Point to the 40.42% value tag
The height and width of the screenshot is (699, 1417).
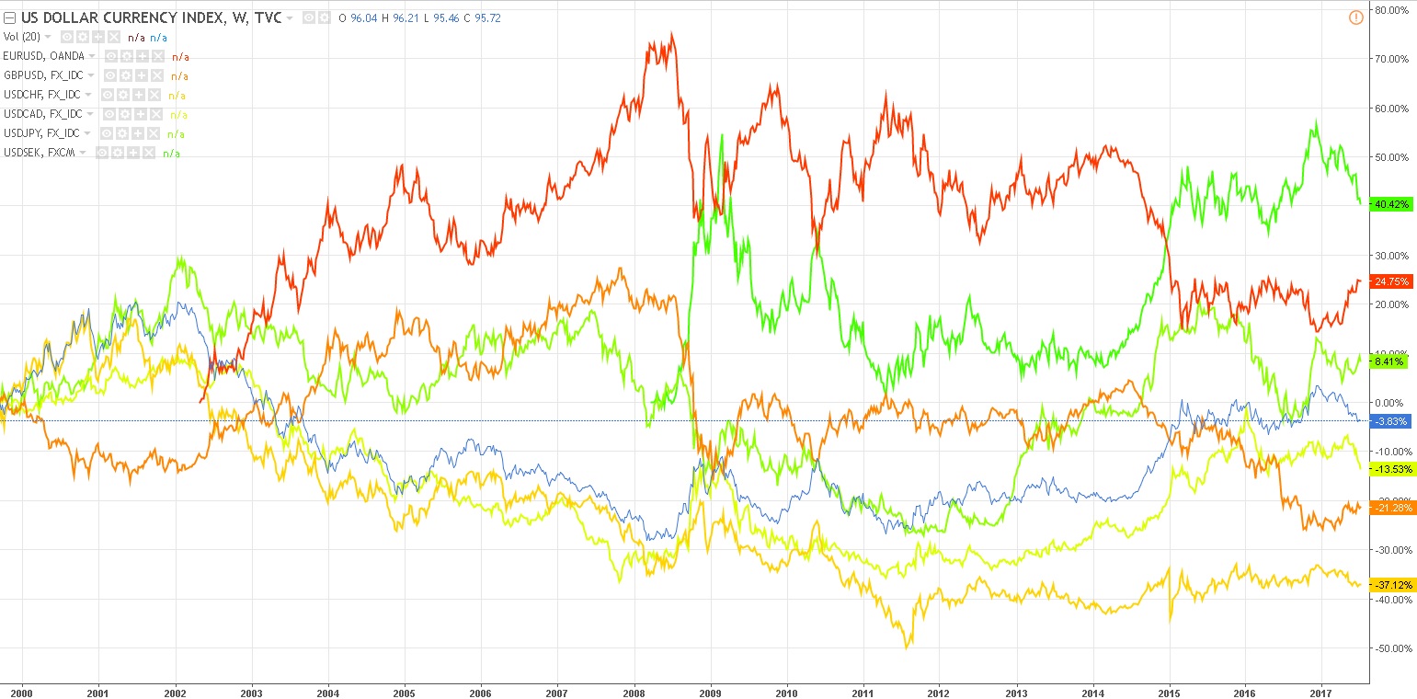[1390, 203]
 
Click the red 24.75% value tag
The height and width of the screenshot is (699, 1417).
[1390, 281]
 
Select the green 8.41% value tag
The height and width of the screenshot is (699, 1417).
[1388, 362]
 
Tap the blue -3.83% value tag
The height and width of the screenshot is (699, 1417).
[1389, 421]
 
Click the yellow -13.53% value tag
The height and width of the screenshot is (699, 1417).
[1392, 469]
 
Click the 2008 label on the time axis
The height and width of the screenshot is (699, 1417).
[633, 692]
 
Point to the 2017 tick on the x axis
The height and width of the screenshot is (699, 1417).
[1320, 692]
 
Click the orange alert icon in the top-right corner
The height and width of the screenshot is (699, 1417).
[1355, 17]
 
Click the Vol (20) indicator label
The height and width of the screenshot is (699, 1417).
[22, 37]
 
